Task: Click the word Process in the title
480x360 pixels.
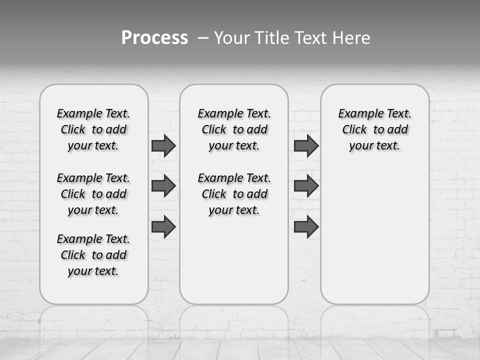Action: (x=154, y=38)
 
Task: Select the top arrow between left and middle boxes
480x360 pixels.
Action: (x=163, y=145)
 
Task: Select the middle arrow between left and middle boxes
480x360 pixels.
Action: (x=163, y=186)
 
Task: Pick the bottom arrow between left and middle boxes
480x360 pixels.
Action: (x=163, y=226)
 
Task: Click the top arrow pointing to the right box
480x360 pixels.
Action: (x=306, y=145)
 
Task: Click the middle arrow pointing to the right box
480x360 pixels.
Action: (x=306, y=186)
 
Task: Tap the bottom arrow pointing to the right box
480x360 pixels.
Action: (x=306, y=226)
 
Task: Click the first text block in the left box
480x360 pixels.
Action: (x=93, y=129)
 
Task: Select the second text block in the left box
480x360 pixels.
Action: (x=93, y=194)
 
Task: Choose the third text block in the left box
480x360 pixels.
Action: (x=93, y=255)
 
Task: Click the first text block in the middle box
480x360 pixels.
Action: (x=234, y=129)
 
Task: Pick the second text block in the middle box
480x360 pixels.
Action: (x=234, y=194)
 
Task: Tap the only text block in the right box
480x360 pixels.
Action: (x=374, y=129)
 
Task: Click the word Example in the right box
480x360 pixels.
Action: (x=356, y=114)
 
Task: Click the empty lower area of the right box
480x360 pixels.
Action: (x=374, y=240)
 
